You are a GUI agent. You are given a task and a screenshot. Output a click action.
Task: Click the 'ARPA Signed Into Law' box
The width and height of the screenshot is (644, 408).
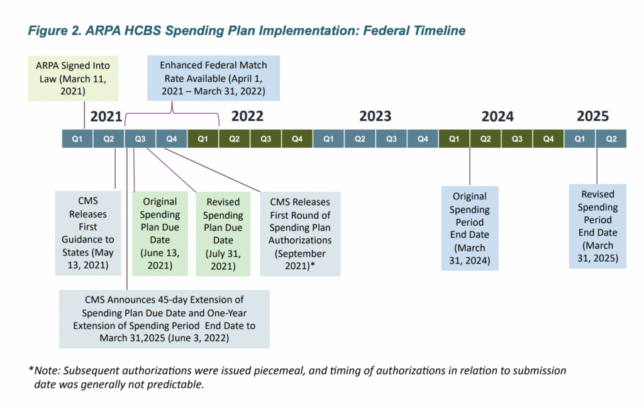(x=73, y=79)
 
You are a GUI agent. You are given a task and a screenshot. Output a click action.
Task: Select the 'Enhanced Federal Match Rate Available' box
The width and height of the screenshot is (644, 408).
(x=214, y=78)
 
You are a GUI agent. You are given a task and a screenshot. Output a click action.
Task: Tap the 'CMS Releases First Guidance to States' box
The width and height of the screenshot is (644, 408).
(x=88, y=233)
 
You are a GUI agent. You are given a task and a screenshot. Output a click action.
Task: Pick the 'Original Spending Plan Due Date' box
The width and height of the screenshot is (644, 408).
(x=160, y=234)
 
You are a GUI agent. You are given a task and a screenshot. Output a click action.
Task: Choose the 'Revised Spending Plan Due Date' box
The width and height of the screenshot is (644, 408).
(x=223, y=234)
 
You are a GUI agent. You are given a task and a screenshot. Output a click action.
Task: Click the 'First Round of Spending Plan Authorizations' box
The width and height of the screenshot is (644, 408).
(x=300, y=234)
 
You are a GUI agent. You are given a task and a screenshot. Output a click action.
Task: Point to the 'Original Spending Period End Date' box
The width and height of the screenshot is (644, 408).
(x=470, y=228)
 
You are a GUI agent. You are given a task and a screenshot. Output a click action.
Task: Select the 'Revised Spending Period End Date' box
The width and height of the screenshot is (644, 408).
(x=597, y=226)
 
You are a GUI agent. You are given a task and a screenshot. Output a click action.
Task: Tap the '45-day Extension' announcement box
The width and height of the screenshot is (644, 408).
(x=164, y=319)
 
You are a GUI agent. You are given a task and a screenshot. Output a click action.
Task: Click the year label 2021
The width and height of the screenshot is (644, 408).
(x=106, y=116)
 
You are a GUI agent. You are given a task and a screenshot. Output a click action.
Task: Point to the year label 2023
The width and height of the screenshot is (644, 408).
(x=375, y=116)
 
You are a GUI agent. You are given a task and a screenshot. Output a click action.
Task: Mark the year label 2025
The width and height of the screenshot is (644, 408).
(x=592, y=116)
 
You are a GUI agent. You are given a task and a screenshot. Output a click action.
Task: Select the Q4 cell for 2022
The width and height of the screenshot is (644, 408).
(x=297, y=139)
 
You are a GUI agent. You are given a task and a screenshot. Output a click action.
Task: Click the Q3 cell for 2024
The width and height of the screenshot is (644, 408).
(x=517, y=139)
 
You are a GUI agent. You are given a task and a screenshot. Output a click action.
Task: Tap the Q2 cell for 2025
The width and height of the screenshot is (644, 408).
(x=611, y=139)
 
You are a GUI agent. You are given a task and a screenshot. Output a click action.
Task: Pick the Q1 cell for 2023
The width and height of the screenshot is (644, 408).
(x=328, y=139)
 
